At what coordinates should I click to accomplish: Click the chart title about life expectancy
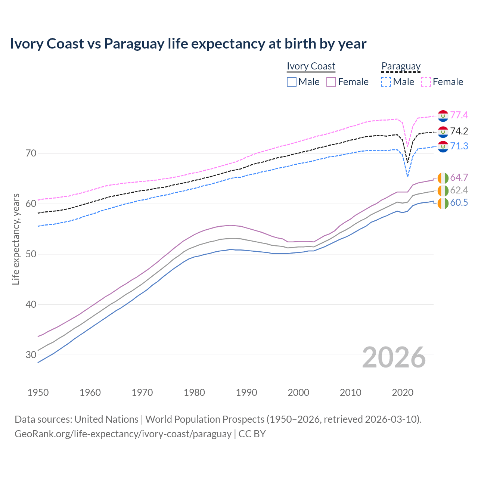pyautogui.click(x=188, y=44)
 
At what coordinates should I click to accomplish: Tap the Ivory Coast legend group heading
pyautogui.click(x=311, y=66)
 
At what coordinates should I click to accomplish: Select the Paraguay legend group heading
pyautogui.click(x=401, y=66)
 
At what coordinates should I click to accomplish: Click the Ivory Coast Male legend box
pyautogui.click(x=292, y=82)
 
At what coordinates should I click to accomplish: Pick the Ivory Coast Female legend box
pyautogui.click(x=331, y=82)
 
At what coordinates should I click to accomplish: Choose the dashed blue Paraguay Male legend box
pyautogui.click(x=386, y=82)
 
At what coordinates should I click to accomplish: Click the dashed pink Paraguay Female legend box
pyautogui.click(x=426, y=82)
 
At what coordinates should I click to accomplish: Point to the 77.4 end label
pyautogui.click(x=459, y=115)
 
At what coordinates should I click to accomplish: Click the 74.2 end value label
pyautogui.click(x=459, y=131)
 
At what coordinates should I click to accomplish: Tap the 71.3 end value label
pyautogui.click(x=459, y=146)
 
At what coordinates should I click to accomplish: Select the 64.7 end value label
pyautogui.click(x=459, y=177)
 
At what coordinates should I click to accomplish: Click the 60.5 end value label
pyautogui.click(x=459, y=203)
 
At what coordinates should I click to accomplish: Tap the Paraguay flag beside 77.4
pyautogui.click(x=443, y=116)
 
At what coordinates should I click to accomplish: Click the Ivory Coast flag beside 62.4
pyautogui.click(x=443, y=190)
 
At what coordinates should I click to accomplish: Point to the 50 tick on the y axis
pyautogui.click(x=31, y=254)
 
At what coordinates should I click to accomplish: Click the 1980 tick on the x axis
pyautogui.click(x=194, y=392)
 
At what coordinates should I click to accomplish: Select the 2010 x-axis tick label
pyautogui.click(x=350, y=392)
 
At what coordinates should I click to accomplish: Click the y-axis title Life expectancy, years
pyautogui.click(x=16, y=239)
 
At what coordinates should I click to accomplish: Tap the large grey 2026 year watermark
pyautogui.click(x=394, y=357)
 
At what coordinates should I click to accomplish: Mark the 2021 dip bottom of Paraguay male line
pyautogui.click(x=408, y=176)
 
